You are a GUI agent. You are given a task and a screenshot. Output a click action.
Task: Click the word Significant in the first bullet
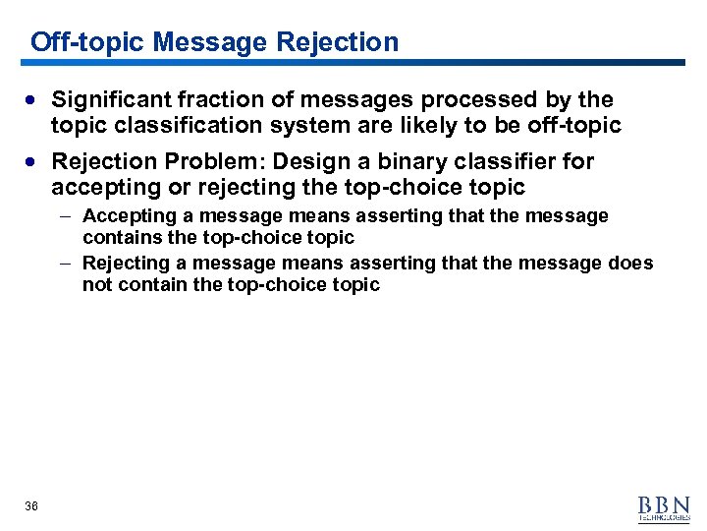[112, 99]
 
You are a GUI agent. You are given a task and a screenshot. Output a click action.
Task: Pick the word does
[630, 263]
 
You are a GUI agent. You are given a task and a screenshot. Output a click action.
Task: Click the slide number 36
[31, 505]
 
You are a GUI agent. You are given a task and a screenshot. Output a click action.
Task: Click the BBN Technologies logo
[664, 507]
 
